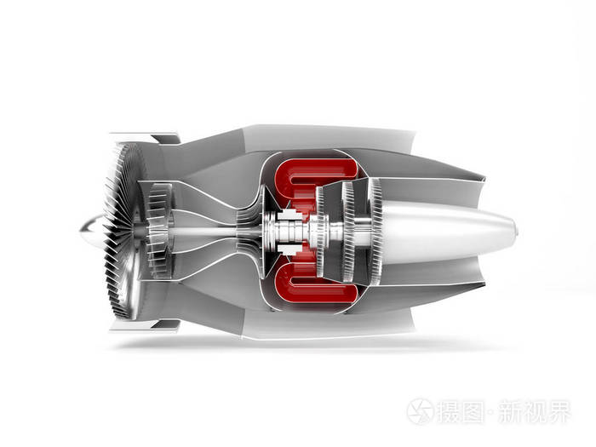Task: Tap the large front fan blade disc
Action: (123, 231)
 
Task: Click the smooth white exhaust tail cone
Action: (449, 232)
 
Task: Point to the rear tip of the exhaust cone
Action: (517, 231)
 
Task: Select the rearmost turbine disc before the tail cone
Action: (376, 232)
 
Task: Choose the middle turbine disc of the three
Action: (348, 232)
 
